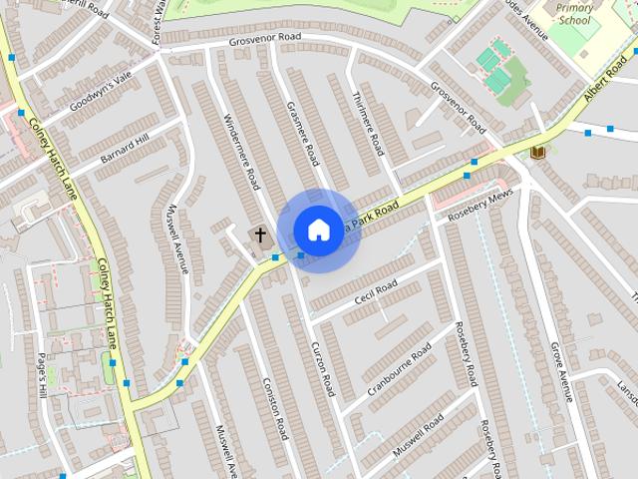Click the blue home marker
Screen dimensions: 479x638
point(318,231)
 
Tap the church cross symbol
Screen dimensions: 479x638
point(260,236)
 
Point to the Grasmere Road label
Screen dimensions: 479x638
point(301,133)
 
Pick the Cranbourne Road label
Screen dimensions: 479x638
point(399,369)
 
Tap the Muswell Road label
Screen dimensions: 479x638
point(419,435)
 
